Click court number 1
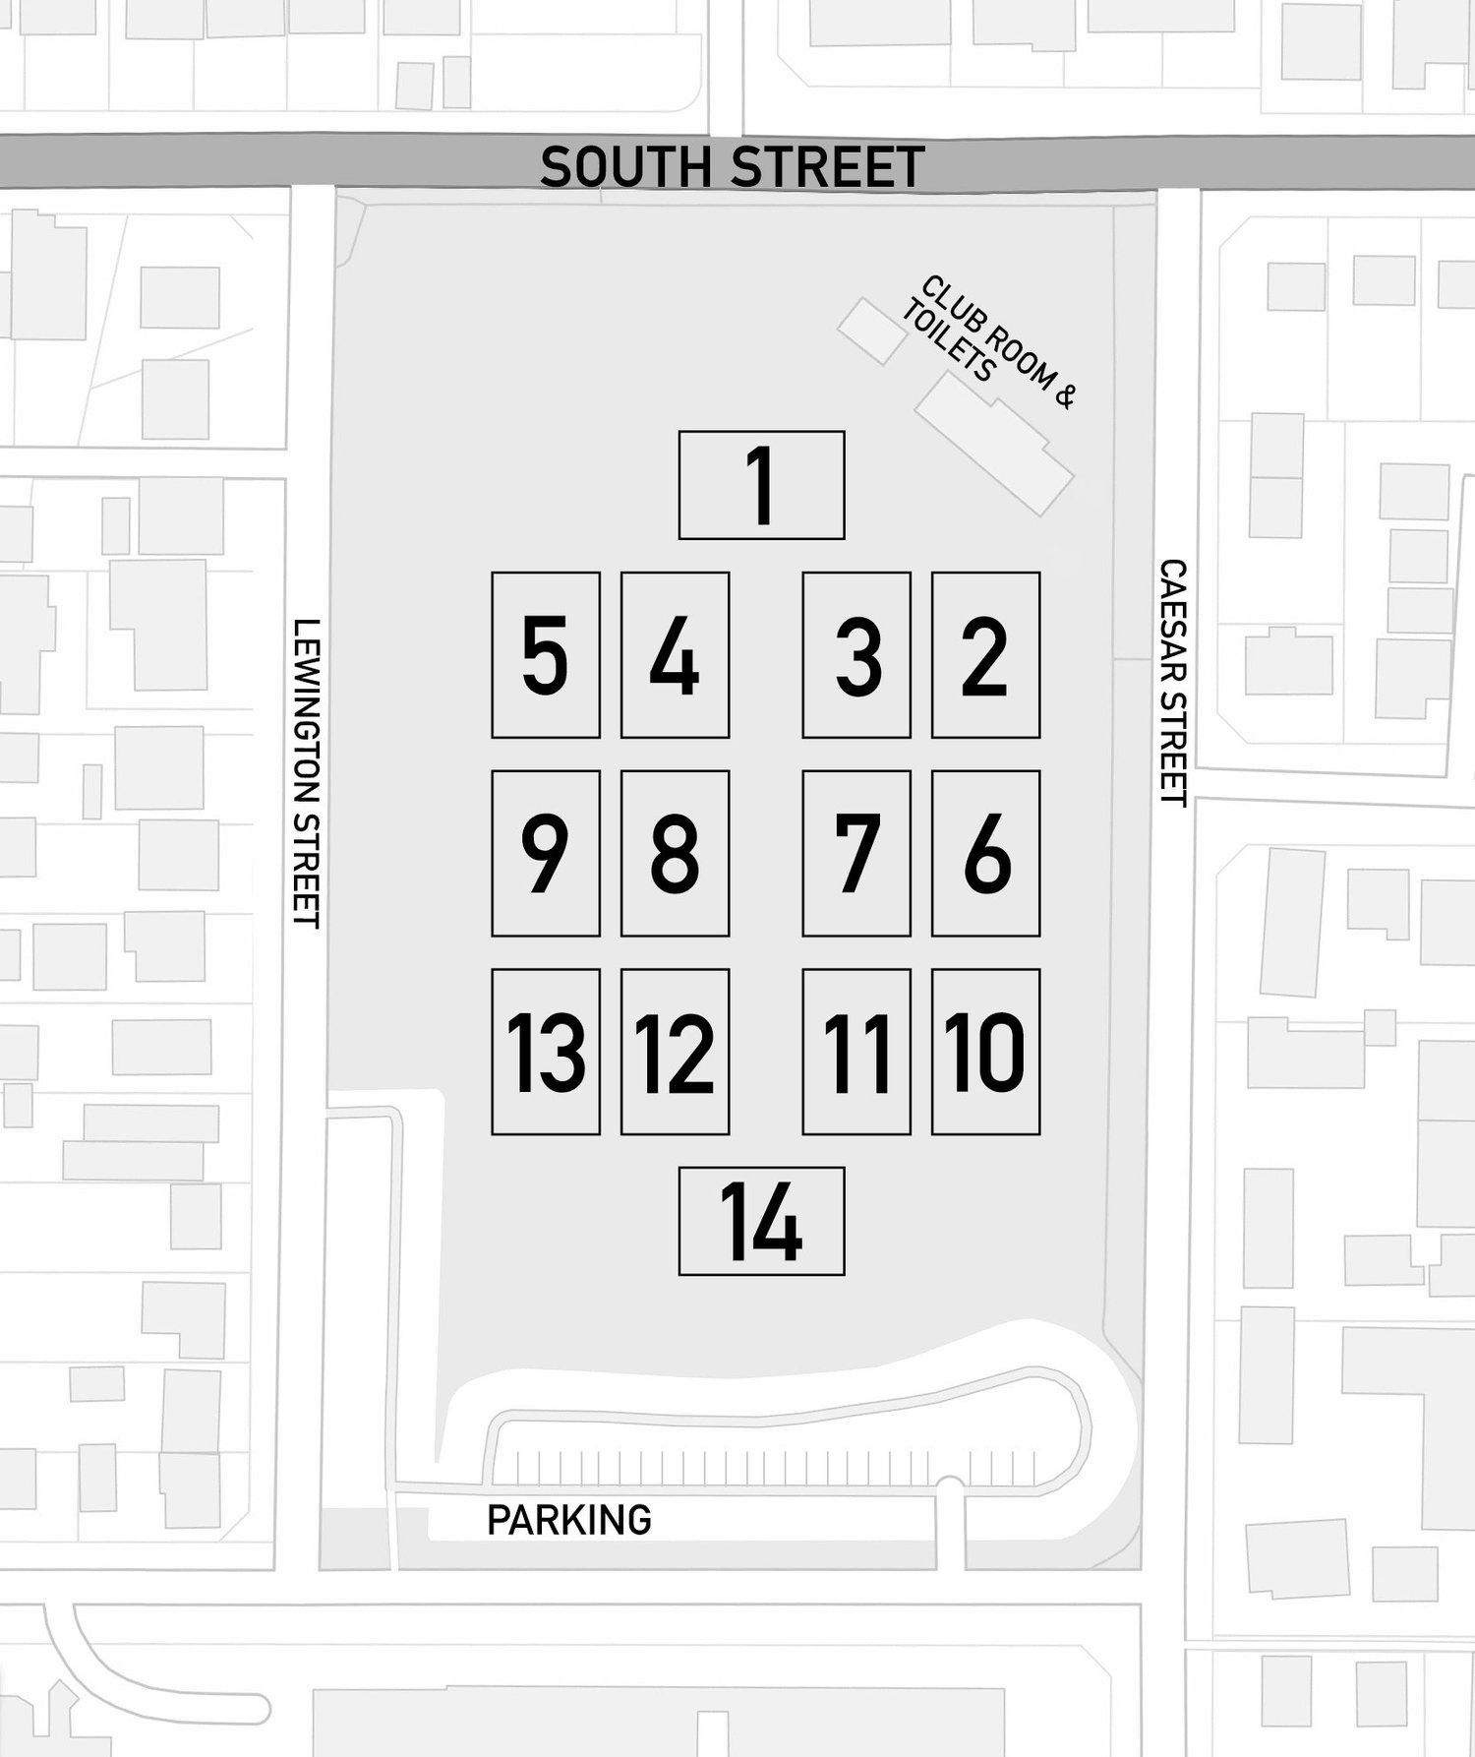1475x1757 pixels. pyautogui.click(x=761, y=485)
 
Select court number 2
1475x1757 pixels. pyautogui.click(x=985, y=655)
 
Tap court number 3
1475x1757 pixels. pyautogui.click(x=856, y=655)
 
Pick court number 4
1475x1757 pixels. pyautogui.click(x=675, y=655)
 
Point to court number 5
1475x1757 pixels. pyautogui.click(x=546, y=655)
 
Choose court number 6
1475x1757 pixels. pyautogui.click(x=985, y=853)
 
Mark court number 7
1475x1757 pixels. pyautogui.click(x=856, y=853)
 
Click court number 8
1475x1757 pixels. pyautogui.click(x=675, y=853)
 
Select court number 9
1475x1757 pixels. pyautogui.click(x=546, y=853)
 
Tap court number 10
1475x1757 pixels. pyautogui.click(x=985, y=1052)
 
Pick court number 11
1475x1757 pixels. pyautogui.click(x=856, y=1052)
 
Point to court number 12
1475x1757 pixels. pyautogui.click(x=675, y=1052)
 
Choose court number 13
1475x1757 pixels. pyautogui.click(x=546, y=1052)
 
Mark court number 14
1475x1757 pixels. pyautogui.click(x=761, y=1222)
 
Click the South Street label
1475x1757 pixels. pyautogui.click(x=733, y=166)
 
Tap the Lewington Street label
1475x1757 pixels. pyautogui.click(x=307, y=772)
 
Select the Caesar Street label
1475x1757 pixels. pyautogui.click(x=1173, y=683)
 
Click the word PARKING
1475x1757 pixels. pyautogui.click(x=569, y=1520)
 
